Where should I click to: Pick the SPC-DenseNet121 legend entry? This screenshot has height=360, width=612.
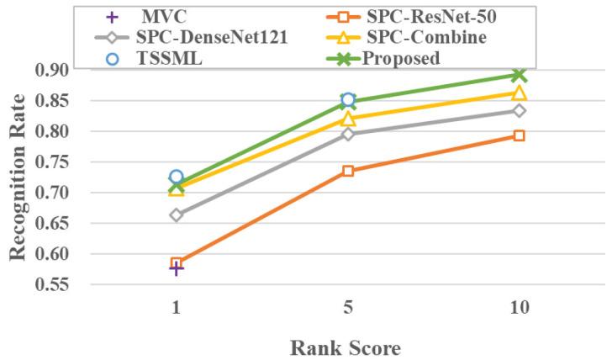point(214,38)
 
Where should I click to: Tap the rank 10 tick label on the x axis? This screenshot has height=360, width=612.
point(520,308)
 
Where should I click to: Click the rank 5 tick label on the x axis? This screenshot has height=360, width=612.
point(348,308)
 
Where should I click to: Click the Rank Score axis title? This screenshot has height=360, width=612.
point(348,346)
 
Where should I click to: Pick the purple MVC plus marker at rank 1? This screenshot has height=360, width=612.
point(177,268)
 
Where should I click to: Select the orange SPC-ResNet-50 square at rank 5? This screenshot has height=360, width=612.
point(348,171)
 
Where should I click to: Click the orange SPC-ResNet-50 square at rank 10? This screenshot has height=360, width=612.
point(520,135)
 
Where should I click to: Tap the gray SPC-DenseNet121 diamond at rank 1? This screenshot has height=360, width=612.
point(177,215)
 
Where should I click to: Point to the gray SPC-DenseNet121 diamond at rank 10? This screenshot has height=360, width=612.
point(520,110)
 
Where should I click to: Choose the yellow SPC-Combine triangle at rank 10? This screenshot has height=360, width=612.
point(520,93)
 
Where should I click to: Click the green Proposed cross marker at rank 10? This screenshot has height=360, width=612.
point(520,76)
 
